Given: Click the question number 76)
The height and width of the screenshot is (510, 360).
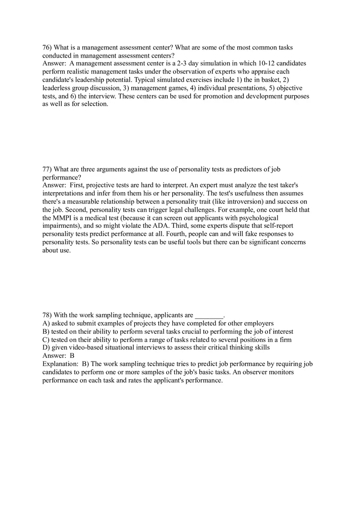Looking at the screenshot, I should click(47, 47).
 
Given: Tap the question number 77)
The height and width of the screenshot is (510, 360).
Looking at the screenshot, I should click(47, 169).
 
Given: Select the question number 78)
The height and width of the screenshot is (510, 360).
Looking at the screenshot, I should click(47, 315).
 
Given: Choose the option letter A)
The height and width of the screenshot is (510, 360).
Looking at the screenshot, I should click(46, 323).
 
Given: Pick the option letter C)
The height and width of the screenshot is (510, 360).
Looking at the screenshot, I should click(46, 339).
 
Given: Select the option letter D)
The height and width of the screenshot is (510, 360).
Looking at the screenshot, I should click(46, 348).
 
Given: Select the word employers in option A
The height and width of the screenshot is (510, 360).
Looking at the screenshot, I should click(259, 323).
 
